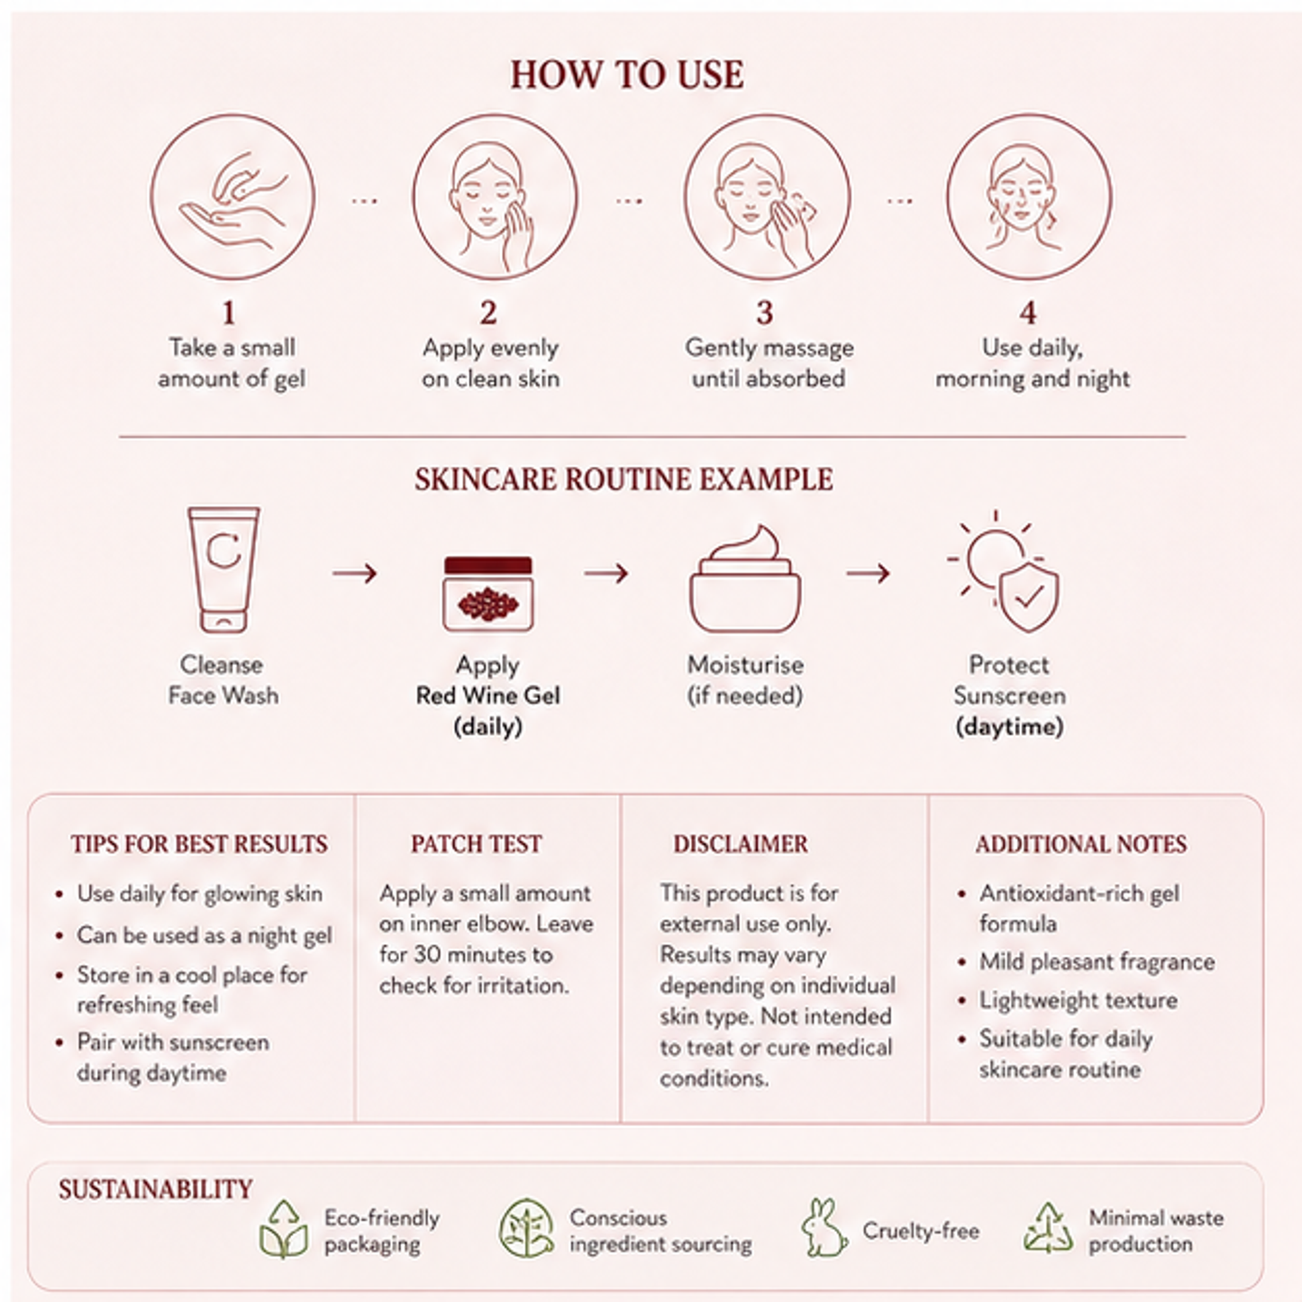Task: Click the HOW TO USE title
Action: pyautogui.click(x=627, y=74)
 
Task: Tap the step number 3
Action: pyautogui.click(x=764, y=313)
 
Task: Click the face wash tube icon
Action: pyautogui.click(x=223, y=569)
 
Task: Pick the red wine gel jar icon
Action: pyautogui.click(x=487, y=594)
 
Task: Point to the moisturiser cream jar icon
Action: pyautogui.click(x=744, y=579)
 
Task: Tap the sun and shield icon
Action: pyautogui.click(x=1004, y=571)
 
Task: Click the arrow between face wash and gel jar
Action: pyautogui.click(x=355, y=574)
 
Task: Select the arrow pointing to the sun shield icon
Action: pyautogui.click(x=869, y=574)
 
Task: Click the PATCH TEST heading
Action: pyautogui.click(x=477, y=844)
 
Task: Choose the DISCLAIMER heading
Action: pyautogui.click(x=741, y=844)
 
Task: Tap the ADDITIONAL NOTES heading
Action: pyautogui.click(x=1081, y=844)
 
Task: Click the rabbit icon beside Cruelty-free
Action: pyautogui.click(x=824, y=1228)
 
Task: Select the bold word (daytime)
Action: pyautogui.click(x=1009, y=727)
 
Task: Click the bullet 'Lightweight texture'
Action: pyautogui.click(x=1079, y=1000)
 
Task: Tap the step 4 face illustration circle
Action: pyautogui.click(x=1029, y=196)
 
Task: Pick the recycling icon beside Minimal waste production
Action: pyautogui.click(x=1048, y=1227)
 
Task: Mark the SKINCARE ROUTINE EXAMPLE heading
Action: pyautogui.click(x=624, y=479)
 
